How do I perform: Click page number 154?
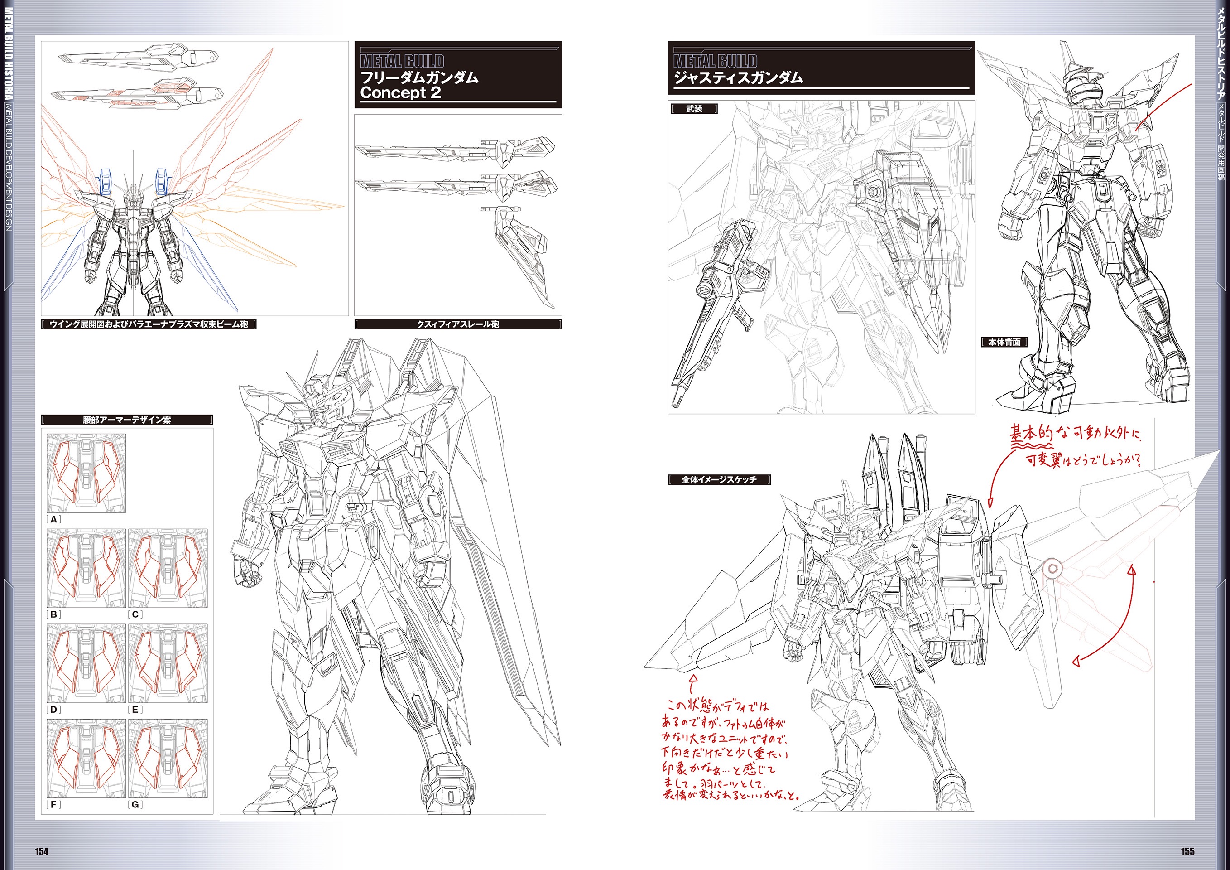42,851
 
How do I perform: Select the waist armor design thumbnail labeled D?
86,663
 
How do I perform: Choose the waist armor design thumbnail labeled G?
168,758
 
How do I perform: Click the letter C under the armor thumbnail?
135,614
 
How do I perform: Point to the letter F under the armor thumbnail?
53,805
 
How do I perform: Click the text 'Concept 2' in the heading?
400,93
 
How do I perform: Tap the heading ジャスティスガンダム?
738,78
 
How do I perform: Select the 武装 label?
694,109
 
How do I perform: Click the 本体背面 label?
1004,342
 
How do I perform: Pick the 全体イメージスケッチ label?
719,480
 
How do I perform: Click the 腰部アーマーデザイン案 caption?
127,420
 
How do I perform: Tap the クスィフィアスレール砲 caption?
458,324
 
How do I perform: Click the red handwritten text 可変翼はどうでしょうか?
1082,460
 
